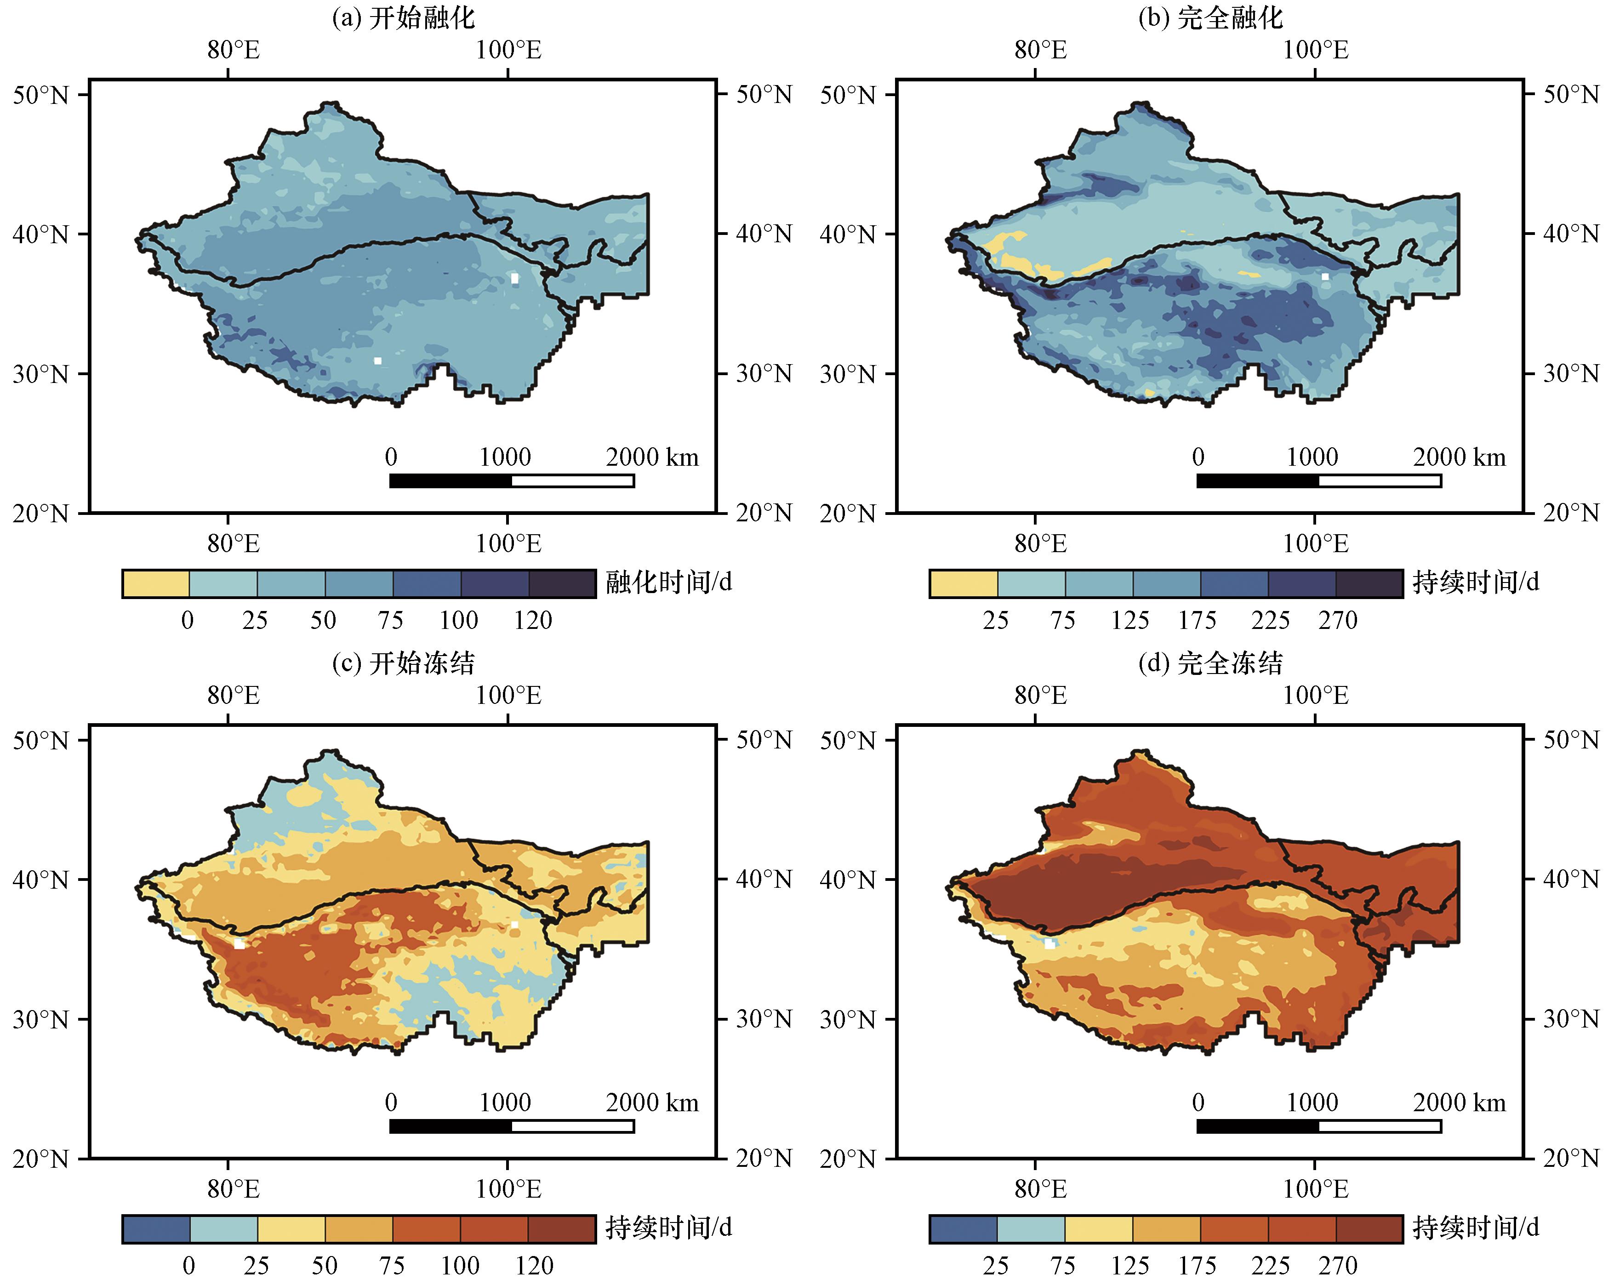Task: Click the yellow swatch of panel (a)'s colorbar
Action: (156, 584)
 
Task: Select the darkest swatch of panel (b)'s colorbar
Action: (1369, 584)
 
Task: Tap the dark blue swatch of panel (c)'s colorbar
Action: (156, 1229)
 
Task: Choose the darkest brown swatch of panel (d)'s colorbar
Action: (1369, 1229)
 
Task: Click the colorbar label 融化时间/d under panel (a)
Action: (668, 583)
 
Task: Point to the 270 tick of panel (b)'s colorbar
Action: (1338, 620)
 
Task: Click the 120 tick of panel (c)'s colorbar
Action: (534, 1266)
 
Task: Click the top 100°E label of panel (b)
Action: (1315, 50)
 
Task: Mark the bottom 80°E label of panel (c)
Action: (234, 1190)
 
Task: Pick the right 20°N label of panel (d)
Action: (1571, 1159)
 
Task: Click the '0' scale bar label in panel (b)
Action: (1198, 457)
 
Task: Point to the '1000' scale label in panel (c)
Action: (505, 1102)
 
